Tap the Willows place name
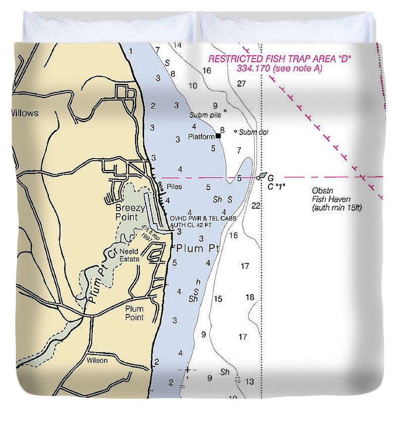pos(24,113)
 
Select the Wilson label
pos(97,361)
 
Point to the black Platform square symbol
pos(218,135)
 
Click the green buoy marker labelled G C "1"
pos(262,176)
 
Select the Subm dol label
pos(253,132)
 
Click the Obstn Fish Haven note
pos(337,199)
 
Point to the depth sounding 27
pos(241,83)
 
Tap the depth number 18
pos(250,298)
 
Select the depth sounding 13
pos(249,381)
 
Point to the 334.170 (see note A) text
pos(280,68)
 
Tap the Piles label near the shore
pos(174,187)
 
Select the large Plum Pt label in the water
pos(197,248)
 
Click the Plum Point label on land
pos(134,312)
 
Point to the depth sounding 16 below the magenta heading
pos(207,70)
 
